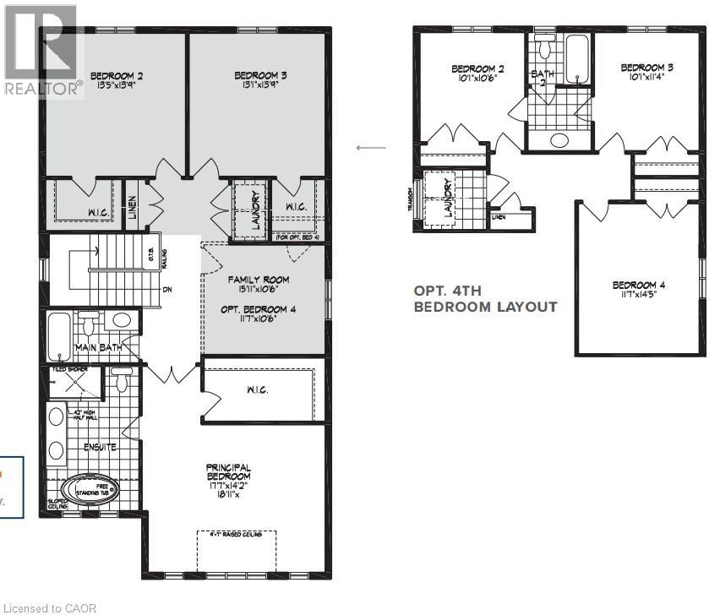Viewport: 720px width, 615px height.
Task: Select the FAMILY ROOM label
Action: coord(259,280)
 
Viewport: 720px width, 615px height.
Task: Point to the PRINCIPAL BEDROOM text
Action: coord(228,473)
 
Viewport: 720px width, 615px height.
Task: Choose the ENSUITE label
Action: coord(100,446)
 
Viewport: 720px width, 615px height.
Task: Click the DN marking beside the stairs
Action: coord(167,288)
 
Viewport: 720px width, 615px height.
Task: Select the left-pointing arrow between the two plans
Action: coord(371,148)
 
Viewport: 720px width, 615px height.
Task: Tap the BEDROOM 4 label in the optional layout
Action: coord(638,286)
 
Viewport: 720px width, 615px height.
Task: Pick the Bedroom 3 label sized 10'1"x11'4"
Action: coord(646,73)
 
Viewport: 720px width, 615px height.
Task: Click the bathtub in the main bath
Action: coord(58,336)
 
